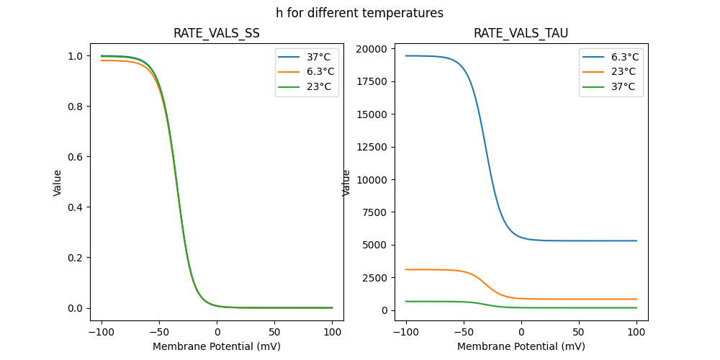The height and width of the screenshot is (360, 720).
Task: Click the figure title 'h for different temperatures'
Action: (359, 13)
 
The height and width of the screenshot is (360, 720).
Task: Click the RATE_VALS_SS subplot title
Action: (216, 33)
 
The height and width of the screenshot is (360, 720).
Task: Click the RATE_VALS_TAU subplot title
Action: (521, 33)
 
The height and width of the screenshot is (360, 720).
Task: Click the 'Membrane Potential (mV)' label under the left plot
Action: (216, 346)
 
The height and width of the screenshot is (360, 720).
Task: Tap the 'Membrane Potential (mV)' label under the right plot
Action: (521, 346)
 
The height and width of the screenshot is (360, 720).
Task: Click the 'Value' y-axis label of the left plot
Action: (58, 183)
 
